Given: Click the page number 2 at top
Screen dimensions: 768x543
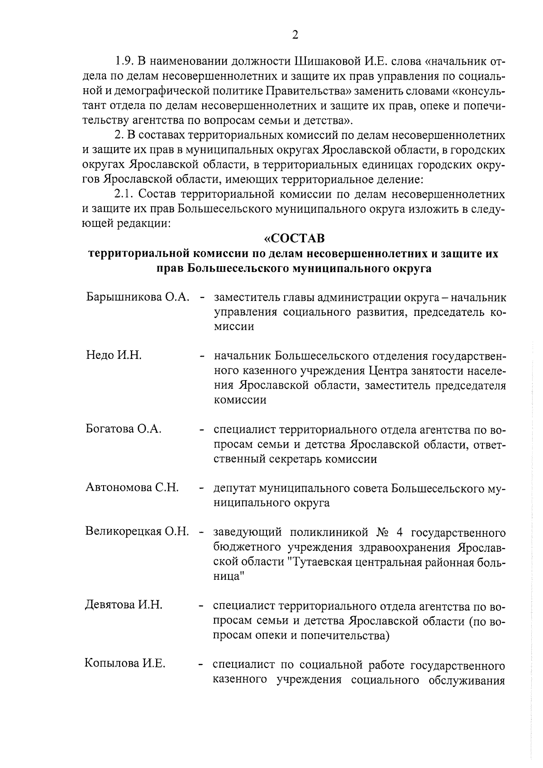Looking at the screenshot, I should click(x=295, y=35).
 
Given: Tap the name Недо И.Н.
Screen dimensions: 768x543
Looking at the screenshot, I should click(x=114, y=355).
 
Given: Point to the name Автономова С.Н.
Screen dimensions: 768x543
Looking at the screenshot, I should click(x=132, y=488).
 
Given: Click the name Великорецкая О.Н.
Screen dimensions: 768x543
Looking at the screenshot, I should click(x=137, y=532).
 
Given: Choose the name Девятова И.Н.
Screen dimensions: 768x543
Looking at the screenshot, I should click(x=124, y=606).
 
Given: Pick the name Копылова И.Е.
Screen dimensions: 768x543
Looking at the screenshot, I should click(x=125, y=664).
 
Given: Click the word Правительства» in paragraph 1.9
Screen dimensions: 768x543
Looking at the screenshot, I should click(x=309, y=91).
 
